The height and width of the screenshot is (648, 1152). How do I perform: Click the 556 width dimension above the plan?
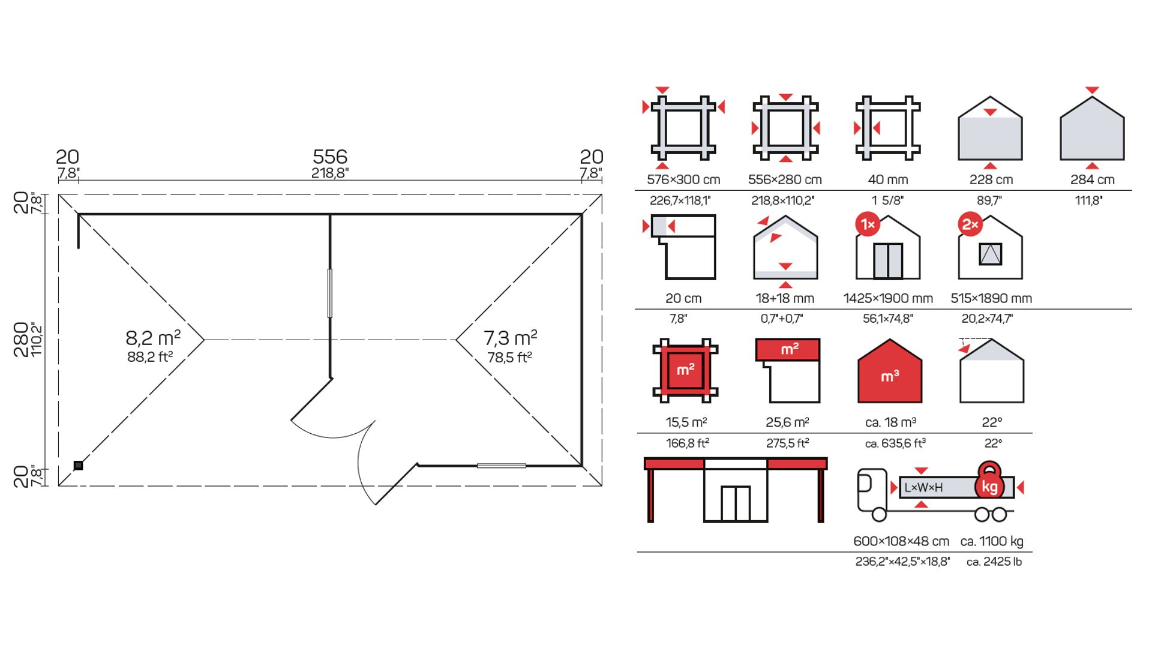point(330,157)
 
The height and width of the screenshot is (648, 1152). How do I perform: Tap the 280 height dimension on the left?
point(21,340)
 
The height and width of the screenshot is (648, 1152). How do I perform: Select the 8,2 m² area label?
point(153,337)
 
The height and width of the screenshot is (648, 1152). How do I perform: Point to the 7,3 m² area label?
point(511,337)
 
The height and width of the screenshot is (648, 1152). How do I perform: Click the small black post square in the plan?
point(78,466)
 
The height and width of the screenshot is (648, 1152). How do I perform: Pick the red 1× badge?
point(868,224)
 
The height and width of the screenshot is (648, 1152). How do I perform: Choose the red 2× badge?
point(970,224)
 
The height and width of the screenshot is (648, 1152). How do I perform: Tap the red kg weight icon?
point(989,484)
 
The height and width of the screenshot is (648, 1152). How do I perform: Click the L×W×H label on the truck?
point(923,488)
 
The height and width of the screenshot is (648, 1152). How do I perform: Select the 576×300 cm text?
point(683,179)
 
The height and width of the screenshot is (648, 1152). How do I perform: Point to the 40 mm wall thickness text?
point(888,179)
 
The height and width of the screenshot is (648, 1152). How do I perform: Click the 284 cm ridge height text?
point(1093,179)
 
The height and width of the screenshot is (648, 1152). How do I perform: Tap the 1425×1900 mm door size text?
point(888,298)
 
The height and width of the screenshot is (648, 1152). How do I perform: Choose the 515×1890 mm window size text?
point(991,298)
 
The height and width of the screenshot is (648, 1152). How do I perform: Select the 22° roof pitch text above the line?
point(992,422)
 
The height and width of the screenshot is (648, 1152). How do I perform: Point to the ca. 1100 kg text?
point(992,541)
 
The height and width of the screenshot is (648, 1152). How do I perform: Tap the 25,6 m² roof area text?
point(787,422)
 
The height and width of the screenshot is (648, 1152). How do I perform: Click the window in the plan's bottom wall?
point(502,466)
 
